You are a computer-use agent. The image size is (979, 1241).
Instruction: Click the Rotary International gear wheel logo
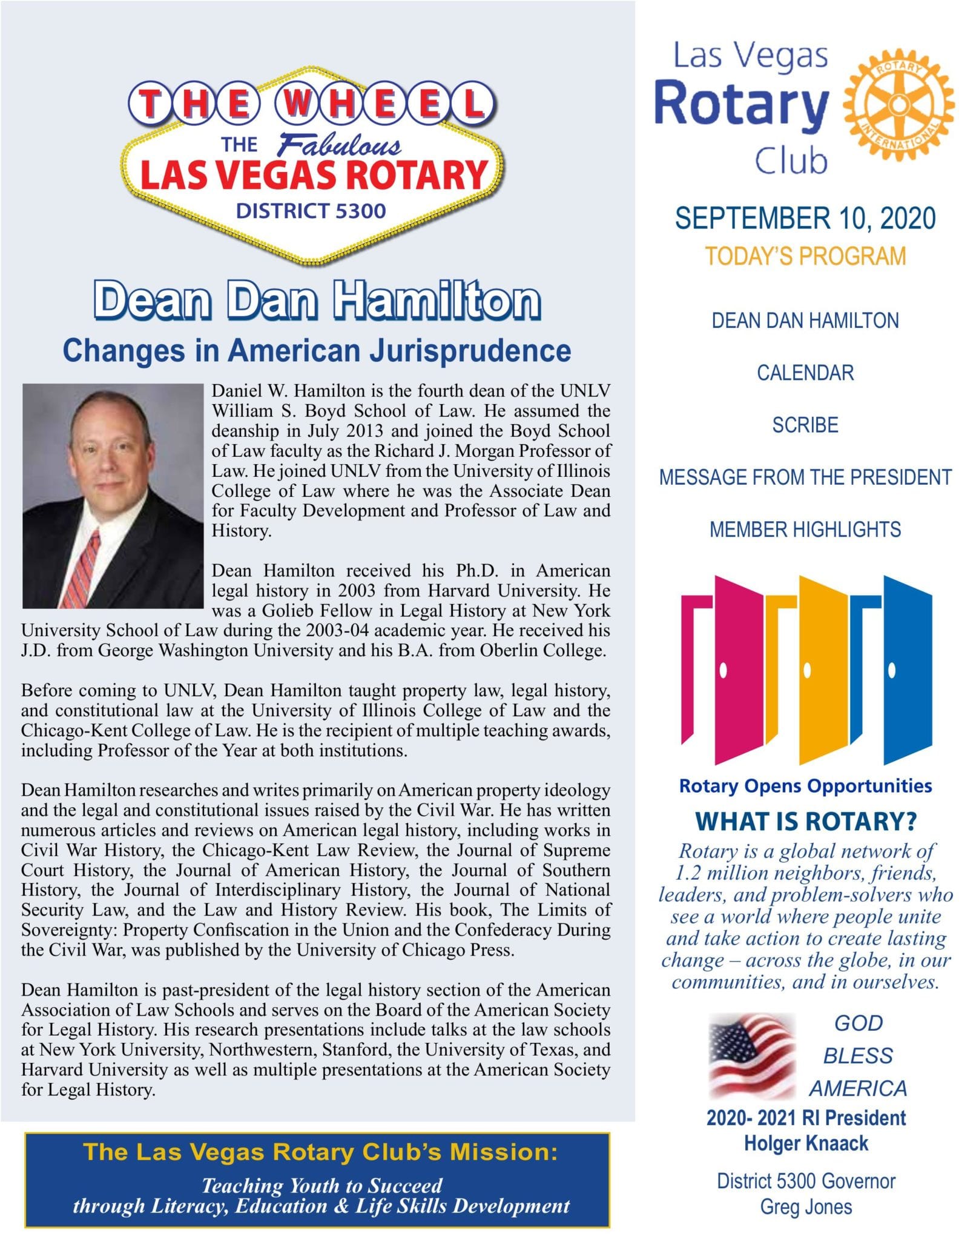pos(898,105)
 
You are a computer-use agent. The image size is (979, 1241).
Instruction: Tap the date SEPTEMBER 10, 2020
pos(805,219)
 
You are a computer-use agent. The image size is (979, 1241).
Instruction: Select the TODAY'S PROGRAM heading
pos(805,256)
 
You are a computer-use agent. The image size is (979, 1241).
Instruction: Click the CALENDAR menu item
pos(805,373)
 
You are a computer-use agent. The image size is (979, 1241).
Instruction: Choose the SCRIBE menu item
pos(805,425)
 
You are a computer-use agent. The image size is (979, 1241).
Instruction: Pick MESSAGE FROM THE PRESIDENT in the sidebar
pos(805,477)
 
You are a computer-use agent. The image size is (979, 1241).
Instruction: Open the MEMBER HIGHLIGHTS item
pos(805,530)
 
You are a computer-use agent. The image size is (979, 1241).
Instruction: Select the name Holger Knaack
pos(806,1143)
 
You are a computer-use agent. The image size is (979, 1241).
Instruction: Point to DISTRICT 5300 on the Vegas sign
pos(311,211)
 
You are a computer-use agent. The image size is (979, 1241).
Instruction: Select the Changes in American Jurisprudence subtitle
pos(317,351)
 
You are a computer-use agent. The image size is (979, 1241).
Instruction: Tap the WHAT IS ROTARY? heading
pos(805,821)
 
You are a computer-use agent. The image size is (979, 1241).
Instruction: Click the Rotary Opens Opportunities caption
pos(805,786)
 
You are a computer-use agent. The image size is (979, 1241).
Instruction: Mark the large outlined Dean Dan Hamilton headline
pos(317,301)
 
